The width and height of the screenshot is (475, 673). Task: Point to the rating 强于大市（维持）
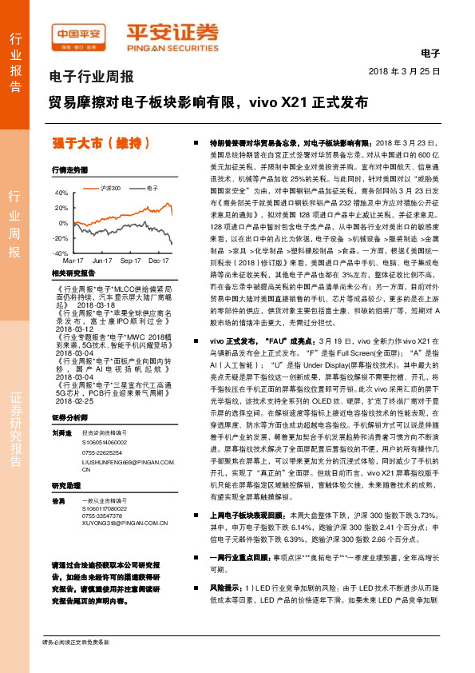[x=102, y=144]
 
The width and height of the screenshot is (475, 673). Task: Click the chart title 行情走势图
[x=69, y=170]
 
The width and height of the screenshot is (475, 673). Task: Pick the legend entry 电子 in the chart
[x=148, y=187]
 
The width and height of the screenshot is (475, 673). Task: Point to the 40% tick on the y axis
[x=61, y=193]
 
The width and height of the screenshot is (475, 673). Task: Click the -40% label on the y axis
[x=61, y=253]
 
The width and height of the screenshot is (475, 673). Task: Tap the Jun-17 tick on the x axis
[x=101, y=261]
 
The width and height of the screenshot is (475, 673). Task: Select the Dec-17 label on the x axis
[x=158, y=261]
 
